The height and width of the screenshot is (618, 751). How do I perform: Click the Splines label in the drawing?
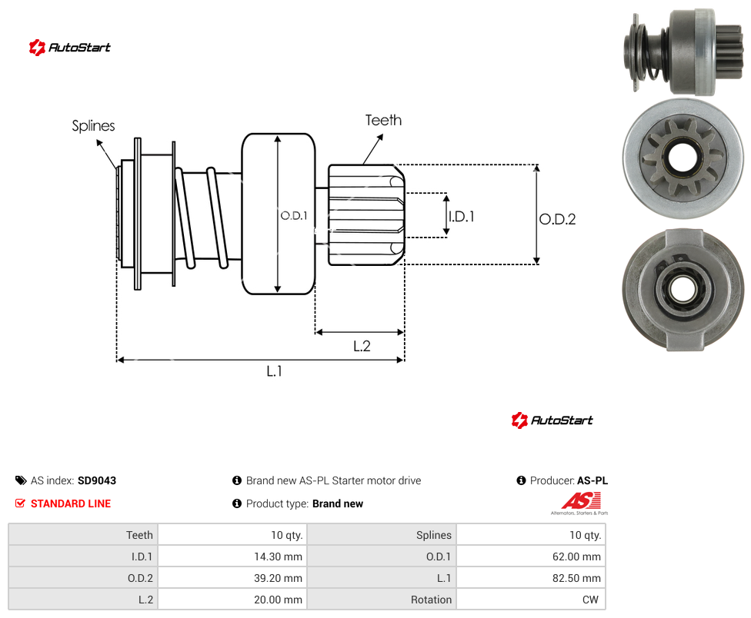(x=93, y=126)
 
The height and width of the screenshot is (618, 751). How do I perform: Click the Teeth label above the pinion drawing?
(x=384, y=120)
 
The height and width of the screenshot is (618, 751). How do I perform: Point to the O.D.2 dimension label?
(x=558, y=219)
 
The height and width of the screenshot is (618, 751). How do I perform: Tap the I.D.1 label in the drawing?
(x=461, y=217)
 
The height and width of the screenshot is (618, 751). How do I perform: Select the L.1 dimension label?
(x=275, y=370)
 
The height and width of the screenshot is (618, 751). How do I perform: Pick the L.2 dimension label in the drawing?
(x=362, y=346)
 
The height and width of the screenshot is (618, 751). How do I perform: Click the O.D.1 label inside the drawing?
(x=294, y=216)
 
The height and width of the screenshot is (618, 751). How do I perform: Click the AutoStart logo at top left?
(x=70, y=48)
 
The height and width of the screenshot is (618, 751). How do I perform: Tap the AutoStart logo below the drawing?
(x=552, y=420)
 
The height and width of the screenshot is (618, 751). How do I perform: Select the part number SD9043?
(x=97, y=480)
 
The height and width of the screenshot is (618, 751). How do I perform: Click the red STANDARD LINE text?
(x=71, y=503)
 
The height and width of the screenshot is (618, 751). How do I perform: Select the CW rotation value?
(x=590, y=600)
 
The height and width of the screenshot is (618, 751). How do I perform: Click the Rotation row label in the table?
(x=431, y=600)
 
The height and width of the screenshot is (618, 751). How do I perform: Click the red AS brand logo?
(x=581, y=501)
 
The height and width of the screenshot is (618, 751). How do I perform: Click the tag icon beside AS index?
(x=21, y=480)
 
